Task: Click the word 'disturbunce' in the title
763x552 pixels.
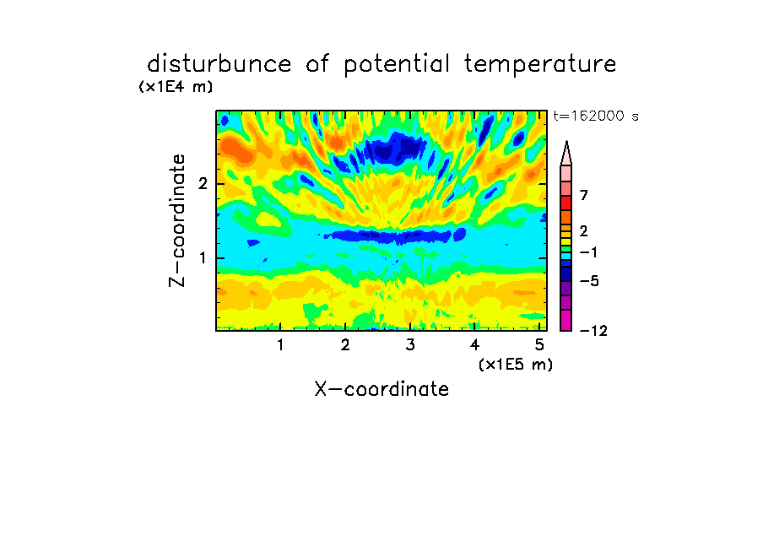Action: click(x=219, y=63)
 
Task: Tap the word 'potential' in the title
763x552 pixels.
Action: click(x=397, y=64)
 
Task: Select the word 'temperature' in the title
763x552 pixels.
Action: click(x=540, y=64)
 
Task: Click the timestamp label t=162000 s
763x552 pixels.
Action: click(x=596, y=116)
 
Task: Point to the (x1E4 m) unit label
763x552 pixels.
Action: click(x=176, y=87)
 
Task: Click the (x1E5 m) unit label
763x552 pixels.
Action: click(x=516, y=365)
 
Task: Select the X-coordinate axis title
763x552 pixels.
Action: click(x=381, y=389)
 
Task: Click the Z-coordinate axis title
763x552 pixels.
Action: click(x=177, y=220)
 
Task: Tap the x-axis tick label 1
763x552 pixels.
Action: click(x=280, y=344)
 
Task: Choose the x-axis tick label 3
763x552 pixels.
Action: click(x=410, y=344)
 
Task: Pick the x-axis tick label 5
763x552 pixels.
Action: click(x=539, y=344)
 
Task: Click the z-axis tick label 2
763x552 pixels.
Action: click(x=203, y=184)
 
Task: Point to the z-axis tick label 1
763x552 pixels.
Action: click(x=203, y=258)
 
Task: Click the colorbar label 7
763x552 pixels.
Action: click(x=584, y=196)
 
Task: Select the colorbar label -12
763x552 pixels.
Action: click(x=593, y=331)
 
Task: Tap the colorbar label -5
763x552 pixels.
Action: click(x=589, y=281)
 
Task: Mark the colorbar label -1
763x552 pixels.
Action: click(x=588, y=252)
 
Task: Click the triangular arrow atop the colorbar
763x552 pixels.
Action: click(x=566, y=153)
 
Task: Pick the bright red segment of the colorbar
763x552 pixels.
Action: click(x=566, y=203)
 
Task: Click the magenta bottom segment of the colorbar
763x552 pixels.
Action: click(x=566, y=320)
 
